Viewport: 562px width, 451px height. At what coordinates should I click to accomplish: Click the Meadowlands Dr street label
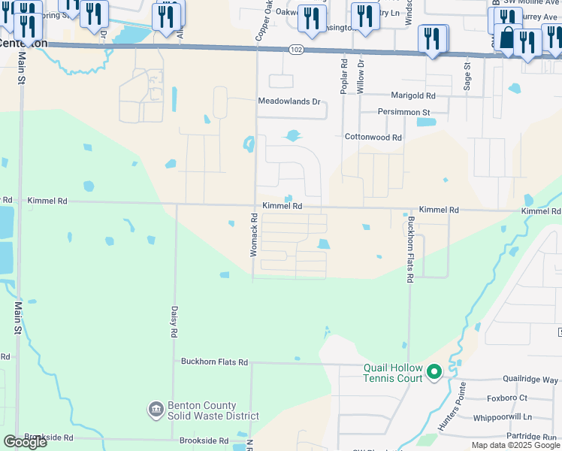tap(289, 101)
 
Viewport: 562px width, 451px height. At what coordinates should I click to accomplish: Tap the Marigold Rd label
tap(412, 95)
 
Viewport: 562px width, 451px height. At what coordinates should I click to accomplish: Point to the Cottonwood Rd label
tap(373, 138)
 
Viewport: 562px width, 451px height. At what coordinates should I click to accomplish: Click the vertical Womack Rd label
tap(254, 235)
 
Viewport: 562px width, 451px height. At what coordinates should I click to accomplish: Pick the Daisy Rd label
tap(173, 321)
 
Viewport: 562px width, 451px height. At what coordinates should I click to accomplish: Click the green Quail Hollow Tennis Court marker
tap(434, 371)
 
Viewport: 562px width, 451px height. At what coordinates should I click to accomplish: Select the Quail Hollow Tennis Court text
tap(394, 372)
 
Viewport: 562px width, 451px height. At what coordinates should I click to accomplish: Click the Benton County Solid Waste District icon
tap(156, 409)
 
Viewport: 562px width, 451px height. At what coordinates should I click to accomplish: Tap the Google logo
tap(25, 442)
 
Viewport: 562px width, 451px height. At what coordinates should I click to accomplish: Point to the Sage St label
tap(467, 76)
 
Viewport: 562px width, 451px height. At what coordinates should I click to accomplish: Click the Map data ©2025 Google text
tap(515, 445)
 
